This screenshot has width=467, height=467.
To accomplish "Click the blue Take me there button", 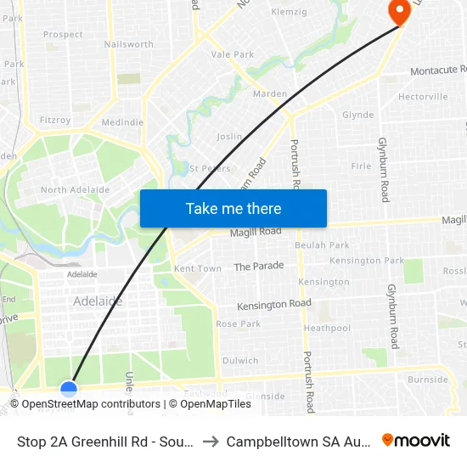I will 233,209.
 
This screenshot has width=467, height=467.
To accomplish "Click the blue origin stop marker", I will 69,389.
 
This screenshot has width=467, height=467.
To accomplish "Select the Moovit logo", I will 416,441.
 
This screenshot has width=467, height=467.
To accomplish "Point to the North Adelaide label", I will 76,189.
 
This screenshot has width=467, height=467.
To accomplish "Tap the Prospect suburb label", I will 63,35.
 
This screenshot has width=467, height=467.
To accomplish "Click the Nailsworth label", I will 128,44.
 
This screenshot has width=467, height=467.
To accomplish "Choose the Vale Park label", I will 233,54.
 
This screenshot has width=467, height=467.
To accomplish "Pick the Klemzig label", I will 289,12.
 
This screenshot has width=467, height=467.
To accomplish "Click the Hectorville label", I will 423,97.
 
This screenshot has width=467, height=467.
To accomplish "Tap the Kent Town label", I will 197,268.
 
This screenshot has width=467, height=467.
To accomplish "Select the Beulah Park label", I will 316,245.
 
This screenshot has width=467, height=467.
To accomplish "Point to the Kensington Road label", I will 274,304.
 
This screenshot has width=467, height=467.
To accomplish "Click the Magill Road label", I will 256,231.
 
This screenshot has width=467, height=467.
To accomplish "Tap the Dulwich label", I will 240,360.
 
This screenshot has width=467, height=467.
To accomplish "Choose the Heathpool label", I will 327,328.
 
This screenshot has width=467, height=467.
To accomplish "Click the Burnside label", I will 427,380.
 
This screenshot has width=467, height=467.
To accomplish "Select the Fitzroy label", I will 54,121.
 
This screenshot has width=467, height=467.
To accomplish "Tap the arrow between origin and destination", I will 211,442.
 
